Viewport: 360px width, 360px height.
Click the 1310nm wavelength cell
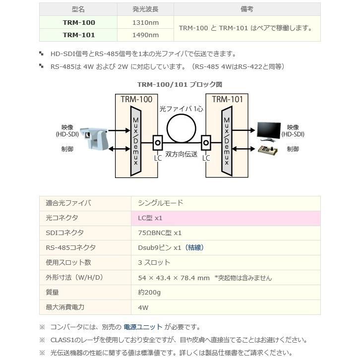coord(145,22)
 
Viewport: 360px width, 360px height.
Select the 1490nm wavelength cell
coord(145,35)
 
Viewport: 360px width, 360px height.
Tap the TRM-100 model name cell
coord(79,22)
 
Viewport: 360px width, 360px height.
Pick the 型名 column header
coord(78,9)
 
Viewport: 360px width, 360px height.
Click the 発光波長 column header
coord(145,9)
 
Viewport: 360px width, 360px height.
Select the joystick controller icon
coord(268,150)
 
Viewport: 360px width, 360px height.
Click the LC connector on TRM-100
coord(158,143)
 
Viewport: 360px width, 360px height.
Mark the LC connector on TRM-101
coord(206,143)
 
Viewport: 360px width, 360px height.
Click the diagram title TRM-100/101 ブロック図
coord(180,85)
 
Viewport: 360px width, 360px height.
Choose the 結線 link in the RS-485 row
coord(194,247)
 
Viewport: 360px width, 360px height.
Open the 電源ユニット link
coord(143,327)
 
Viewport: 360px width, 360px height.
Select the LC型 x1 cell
coord(150,218)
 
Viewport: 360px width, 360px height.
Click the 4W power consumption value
coord(143,307)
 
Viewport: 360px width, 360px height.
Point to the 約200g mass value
coord(149,292)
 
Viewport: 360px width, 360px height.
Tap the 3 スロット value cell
coord(154,262)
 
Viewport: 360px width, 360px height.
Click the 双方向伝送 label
coord(182,154)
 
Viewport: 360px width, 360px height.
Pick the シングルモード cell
coord(161,203)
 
